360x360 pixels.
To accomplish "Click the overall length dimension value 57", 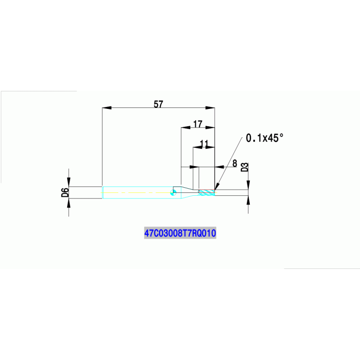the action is tap(158, 104).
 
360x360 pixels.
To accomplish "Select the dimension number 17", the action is tap(198, 124).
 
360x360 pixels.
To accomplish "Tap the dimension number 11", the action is tap(204, 144).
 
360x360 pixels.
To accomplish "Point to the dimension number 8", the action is tap(234, 163).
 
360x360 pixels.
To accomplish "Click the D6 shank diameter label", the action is tap(65, 192).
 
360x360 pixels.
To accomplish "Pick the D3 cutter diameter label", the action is tap(245, 167).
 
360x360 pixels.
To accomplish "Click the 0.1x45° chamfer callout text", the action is tap(265, 138).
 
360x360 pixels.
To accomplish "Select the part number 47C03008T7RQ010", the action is tap(180, 233).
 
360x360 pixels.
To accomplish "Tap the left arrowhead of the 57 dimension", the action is tap(107, 107).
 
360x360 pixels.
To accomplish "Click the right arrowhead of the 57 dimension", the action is tap(210, 107).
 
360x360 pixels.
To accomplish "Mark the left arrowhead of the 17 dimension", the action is tap(186, 127).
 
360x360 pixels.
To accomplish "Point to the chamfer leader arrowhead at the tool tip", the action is tap(216, 186).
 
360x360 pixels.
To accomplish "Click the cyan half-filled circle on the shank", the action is tap(174, 192).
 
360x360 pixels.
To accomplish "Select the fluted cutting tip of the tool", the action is tap(207, 192).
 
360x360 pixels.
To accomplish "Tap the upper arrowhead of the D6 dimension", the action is tap(69, 182).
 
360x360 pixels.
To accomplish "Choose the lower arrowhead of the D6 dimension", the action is tap(69, 203).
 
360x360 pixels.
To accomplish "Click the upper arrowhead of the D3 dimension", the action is tap(248, 185).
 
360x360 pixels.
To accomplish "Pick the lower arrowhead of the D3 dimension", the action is tap(248, 200).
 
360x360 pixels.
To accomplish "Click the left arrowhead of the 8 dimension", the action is tap(194, 167).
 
